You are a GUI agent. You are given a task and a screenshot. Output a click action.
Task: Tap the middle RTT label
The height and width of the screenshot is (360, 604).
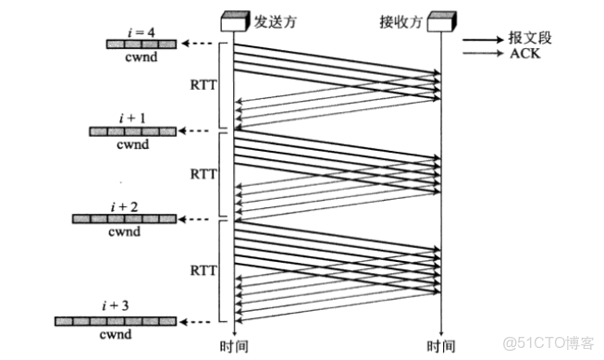pos(203,173)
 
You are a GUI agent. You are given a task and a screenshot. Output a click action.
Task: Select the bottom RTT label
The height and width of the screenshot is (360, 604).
pos(203,271)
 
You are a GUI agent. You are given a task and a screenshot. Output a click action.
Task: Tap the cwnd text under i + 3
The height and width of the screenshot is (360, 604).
pos(116,333)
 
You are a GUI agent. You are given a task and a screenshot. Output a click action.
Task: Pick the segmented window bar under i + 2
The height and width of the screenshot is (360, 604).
pos(125,219)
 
